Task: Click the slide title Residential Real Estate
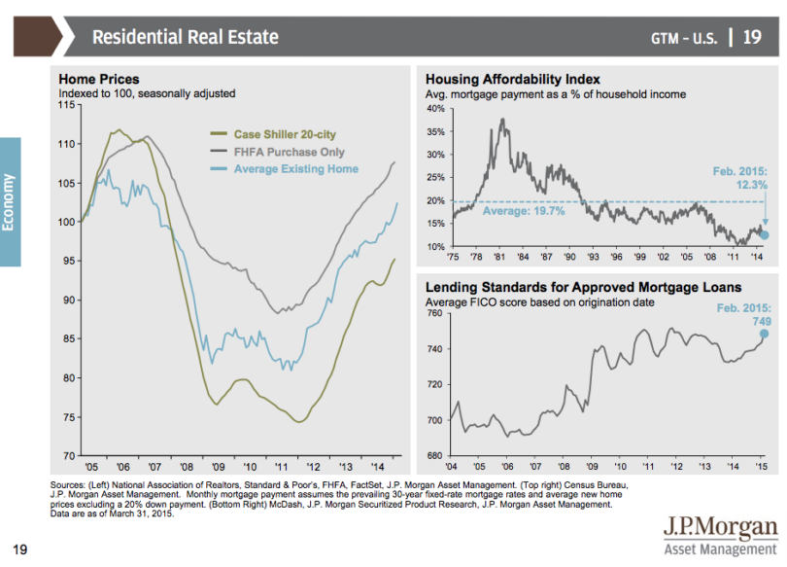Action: [x=185, y=37]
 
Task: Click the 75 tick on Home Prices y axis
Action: [x=70, y=416]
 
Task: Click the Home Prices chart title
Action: [x=99, y=80]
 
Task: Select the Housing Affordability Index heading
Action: [x=513, y=80]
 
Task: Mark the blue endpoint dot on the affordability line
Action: [x=765, y=234]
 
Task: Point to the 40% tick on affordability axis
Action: [x=435, y=109]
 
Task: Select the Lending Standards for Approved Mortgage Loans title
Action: [x=584, y=288]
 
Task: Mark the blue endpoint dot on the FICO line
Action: [x=764, y=334]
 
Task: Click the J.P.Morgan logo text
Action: [x=720, y=529]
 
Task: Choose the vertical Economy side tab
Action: [x=10, y=201]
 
